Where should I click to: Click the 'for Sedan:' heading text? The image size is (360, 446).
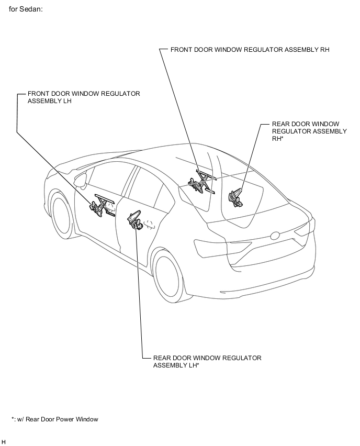click(26, 9)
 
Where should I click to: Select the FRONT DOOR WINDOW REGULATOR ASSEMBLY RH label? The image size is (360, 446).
click(250, 50)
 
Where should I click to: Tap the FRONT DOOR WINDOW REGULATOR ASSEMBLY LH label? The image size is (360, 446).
click(84, 97)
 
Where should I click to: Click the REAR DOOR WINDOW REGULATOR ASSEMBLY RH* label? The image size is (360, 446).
click(309, 131)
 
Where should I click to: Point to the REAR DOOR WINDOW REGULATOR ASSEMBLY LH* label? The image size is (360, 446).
click(207, 362)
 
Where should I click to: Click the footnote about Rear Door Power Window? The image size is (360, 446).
click(55, 419)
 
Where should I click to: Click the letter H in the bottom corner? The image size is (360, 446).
click(4, 442)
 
